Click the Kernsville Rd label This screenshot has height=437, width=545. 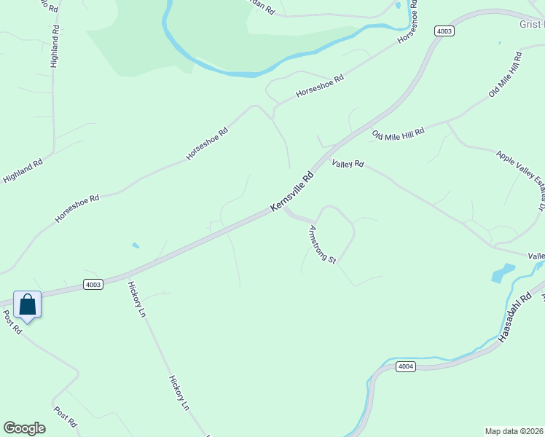(x=292, y=192)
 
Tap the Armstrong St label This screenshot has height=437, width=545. (x=321, y=245)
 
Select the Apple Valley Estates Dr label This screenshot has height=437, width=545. (x=521, y=179)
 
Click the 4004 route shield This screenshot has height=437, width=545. (x=406, y=366)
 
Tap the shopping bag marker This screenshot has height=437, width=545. (x=28, y=304)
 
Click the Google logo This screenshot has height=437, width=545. (x=24, y=428)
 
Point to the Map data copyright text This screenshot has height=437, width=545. (x=514, y=430)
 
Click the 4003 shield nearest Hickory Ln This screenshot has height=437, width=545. (x=93, y=284)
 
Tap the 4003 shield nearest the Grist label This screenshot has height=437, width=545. (x=444, y=31)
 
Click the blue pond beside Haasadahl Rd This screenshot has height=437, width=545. (x=502, y=273)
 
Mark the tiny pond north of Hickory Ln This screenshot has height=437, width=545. (x=136, y=245)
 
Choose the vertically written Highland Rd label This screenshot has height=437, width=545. (x=55, y=46)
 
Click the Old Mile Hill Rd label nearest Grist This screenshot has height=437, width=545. (x=506, y=75)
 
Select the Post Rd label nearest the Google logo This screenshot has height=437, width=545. (x=65, y=416)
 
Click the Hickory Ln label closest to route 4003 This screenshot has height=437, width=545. (x=138, y=299)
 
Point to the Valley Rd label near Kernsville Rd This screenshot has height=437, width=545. (x=348, y=164)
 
